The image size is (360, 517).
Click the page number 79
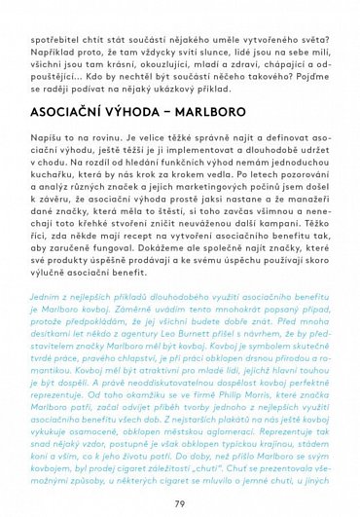[180, 502]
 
